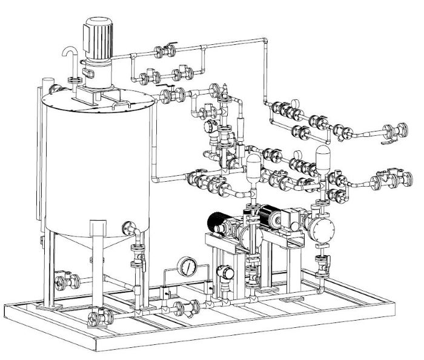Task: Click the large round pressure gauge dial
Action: tap(188, 266)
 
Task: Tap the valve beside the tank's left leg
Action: tap(65, 281)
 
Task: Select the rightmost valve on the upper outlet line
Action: tap(399, 130)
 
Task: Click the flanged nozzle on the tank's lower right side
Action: tap(129, 227)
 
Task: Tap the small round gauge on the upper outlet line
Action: tap(297, 103)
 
